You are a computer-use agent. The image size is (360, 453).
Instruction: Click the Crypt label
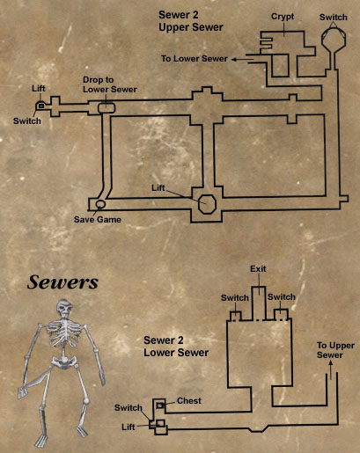pyautogui.click(x=283, y=17)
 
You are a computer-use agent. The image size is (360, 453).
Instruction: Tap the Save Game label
pyautogui.click(x=98, y=219)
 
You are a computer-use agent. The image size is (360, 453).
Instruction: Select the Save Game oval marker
pyautogui.click(x=100, y=203)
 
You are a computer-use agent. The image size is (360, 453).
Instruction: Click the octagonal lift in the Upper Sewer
pyautogui.click(x=207, y=203)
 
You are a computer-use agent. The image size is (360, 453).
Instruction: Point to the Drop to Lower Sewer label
pyautogui.click(x=110, y=84)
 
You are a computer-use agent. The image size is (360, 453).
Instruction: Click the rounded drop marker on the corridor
pyautogui.click(x=107, y=107)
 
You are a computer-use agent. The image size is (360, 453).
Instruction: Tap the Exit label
pyautogui.click(x=258, y=269)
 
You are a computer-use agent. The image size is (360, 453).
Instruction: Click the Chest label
pyautogui.click(x=189, y=401)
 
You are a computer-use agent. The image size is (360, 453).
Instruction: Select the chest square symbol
pyautogui.click(x=159, y=406)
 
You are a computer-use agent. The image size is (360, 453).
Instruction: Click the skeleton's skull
pyautogui.click(x=65, y=309)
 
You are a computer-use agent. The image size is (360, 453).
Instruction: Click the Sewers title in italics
pyautogui.click(x=62, y=282)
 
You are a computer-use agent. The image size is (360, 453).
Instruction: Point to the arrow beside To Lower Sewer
pyautogui.click(x=242, y=60)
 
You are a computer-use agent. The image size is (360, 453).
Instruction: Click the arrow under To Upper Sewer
pyautogui.click(x=331, y=370)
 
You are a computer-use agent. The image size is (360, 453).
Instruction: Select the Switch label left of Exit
pyautogui.click(x=235, y=298)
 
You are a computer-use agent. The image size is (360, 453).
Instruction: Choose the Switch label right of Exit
pyautogui.click(x=282, y=297)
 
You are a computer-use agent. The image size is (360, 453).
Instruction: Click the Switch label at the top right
pyautogui.click(x=334, y=18)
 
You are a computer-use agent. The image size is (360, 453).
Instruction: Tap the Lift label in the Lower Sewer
pyautogui.click(x=129, y=427)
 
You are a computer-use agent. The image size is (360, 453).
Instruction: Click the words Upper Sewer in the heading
pyautogui.click(x=191, y=27)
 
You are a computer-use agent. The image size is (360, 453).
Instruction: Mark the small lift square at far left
pyautogui.click(x=41, y=106)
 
